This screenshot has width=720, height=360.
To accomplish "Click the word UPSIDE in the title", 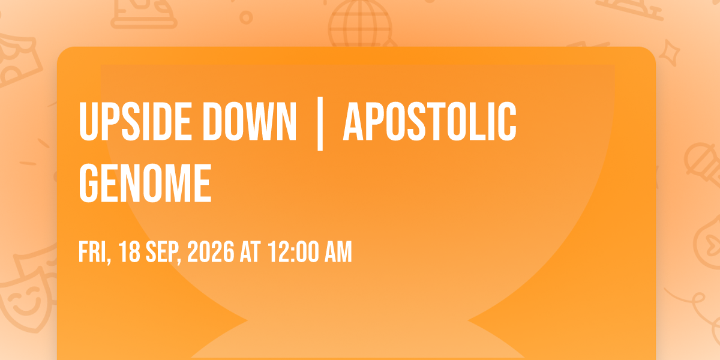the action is coord(136,121).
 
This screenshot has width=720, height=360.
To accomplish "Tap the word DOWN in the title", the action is coord(250,121).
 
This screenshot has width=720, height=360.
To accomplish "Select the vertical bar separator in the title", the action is coord(320,124).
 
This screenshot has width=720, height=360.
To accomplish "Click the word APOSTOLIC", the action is coord(430,121).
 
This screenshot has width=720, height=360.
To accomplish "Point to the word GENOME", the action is coord(145,183).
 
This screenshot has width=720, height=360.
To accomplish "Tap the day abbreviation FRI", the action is coord(95,253).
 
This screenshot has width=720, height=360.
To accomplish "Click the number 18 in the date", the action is coord(130,251).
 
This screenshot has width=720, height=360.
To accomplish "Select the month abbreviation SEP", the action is coord(163,253).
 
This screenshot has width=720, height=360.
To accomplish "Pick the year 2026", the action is coord(211,251).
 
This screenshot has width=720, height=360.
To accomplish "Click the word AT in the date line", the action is coord(250,251).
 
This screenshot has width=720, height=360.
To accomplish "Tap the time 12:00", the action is coord(293,251).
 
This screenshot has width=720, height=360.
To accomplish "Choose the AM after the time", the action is coord(338,251).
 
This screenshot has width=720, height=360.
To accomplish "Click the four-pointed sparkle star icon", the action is coord(670,53).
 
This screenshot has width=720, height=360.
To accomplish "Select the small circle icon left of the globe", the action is coord(246,17).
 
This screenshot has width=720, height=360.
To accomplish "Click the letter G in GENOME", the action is coord(88,183).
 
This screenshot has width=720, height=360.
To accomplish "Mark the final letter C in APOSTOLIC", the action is coord(507,121).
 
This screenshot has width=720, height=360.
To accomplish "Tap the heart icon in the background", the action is coord(712,244).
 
